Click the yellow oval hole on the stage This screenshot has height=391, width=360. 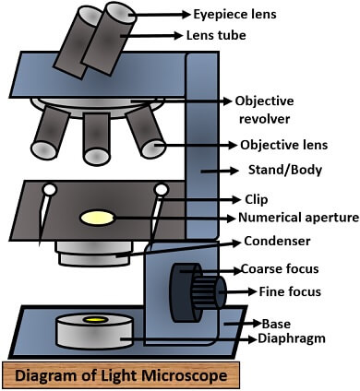click(x=98, y=219)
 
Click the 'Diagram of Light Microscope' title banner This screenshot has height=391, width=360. click(x=121, y=376)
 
